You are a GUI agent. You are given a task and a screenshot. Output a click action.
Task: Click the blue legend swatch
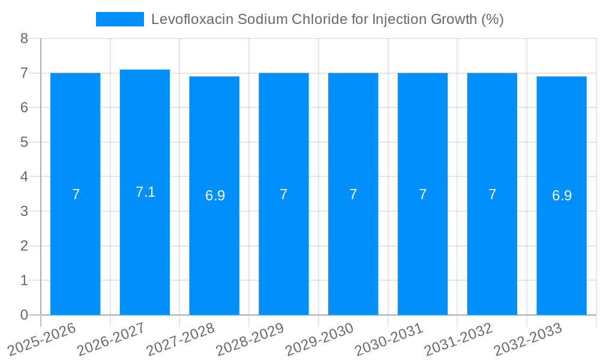pyautogui.click(x=119, y=19)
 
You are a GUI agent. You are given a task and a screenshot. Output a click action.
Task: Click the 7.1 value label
pyautogui.click(x=145, y=192)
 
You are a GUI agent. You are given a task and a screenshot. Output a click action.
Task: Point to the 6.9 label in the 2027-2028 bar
pyautogui.click(x=215, y=196)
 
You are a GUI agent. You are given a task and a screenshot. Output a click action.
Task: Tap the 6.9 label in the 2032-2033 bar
pyautogui.click(x=562, y=196)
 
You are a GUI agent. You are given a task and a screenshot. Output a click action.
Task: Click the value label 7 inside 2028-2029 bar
pyautogui.click(x=283, y=194)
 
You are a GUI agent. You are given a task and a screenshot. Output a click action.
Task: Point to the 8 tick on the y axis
pyautogui.click(x=24, y=38)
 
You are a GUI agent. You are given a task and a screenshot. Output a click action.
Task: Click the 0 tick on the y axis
pyautogui.click(x=24, y=315)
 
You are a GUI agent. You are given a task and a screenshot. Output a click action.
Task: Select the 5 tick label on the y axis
pyautogui.click(x=24, y=142)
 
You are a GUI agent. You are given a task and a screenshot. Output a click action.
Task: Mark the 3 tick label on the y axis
pyautogui.click(x=24, y=211)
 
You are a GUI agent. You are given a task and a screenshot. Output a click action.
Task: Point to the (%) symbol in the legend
pyautogui.click(x=492, y=19)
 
